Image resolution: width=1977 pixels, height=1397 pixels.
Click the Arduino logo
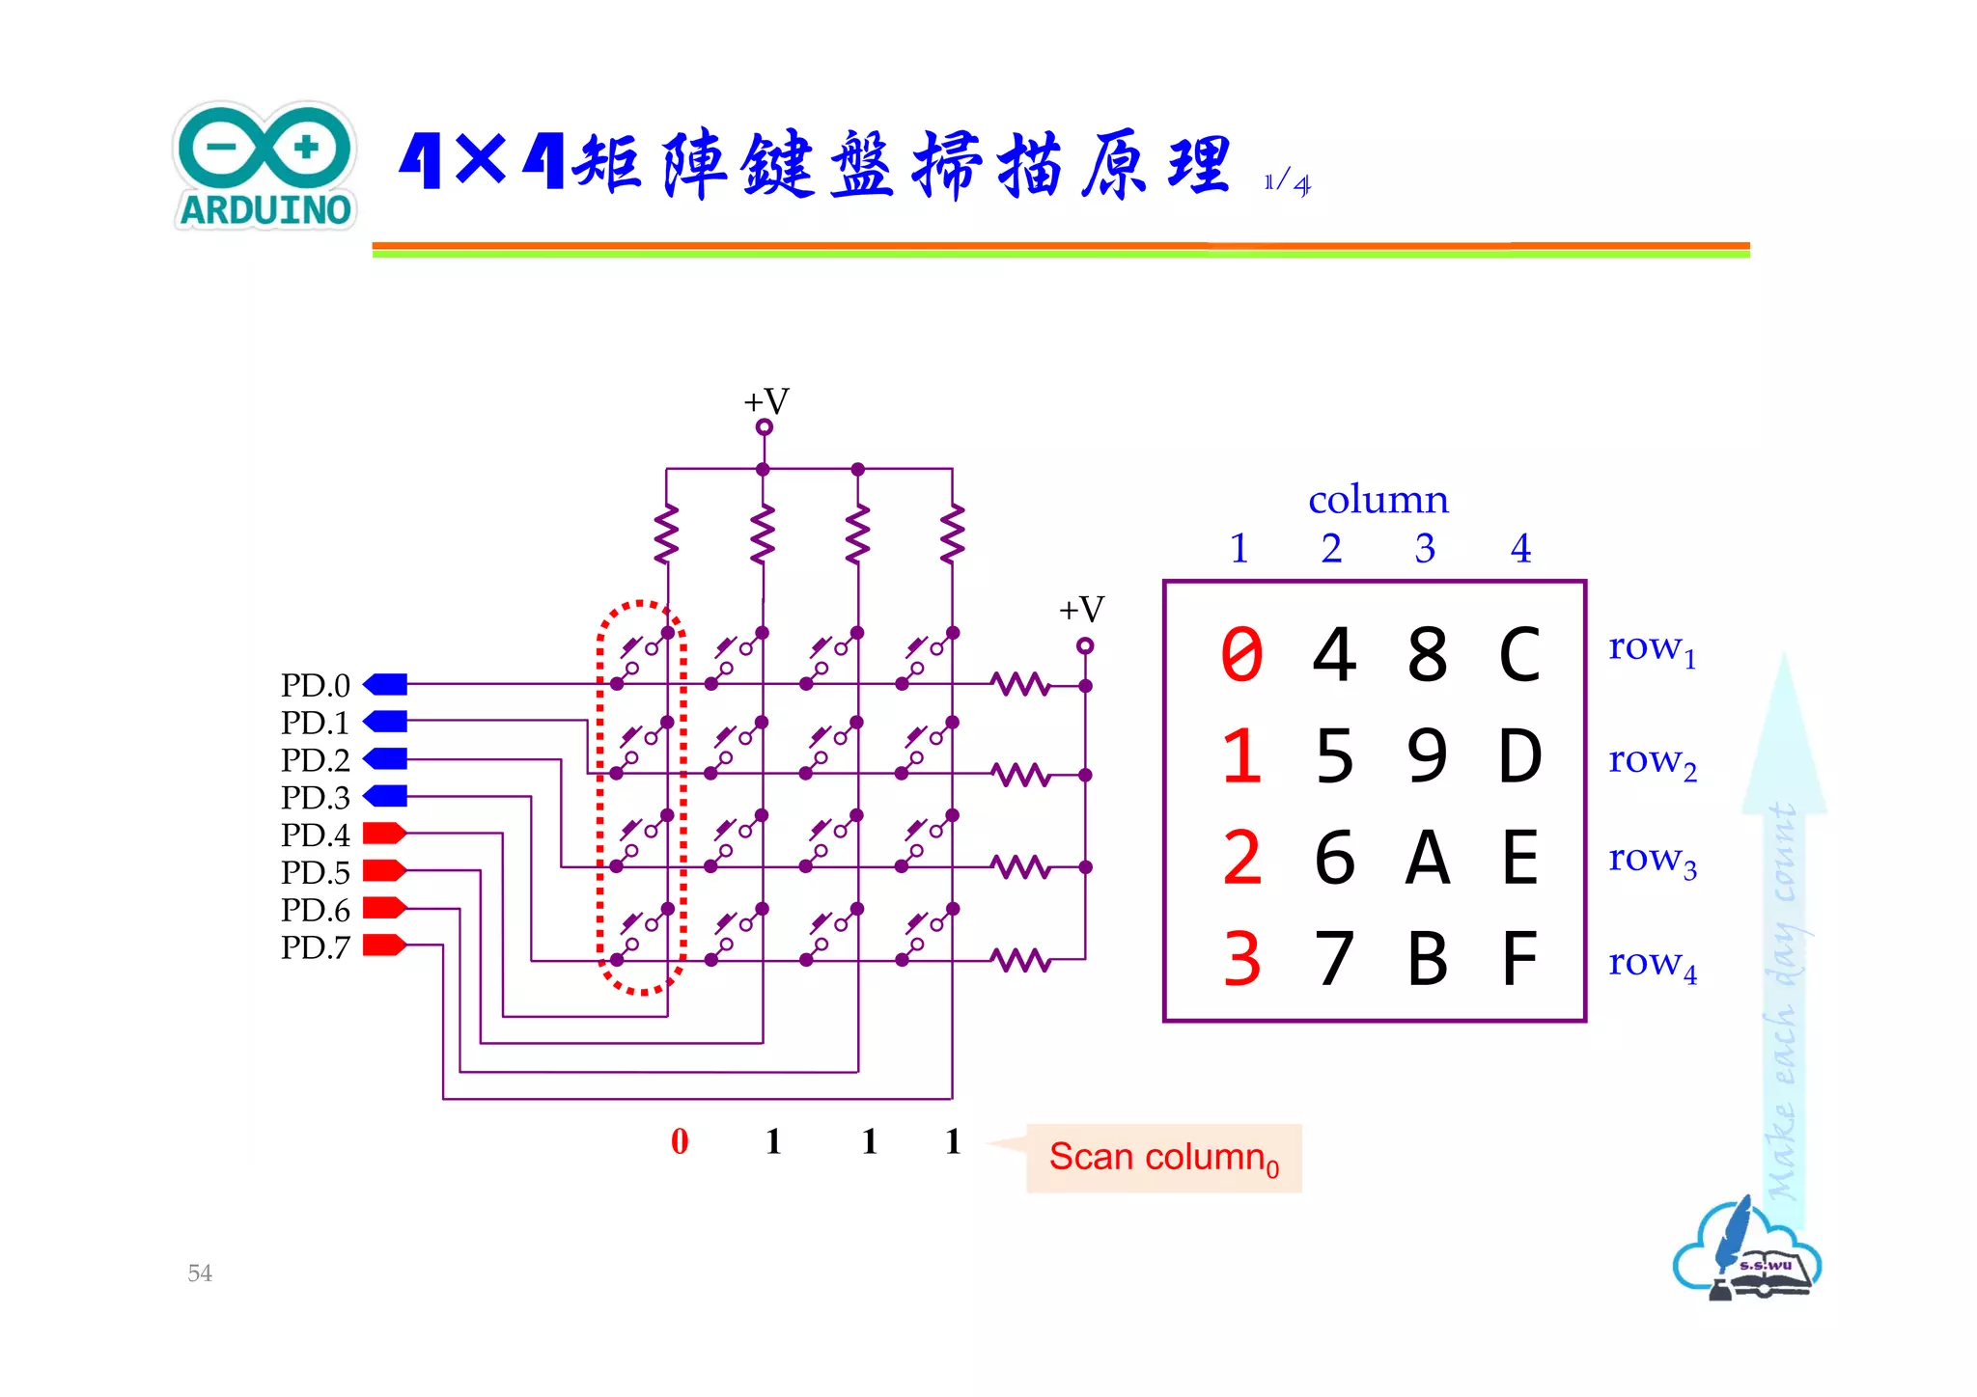tap(265, 166)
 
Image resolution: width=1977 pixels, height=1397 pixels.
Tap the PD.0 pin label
tap(315, 685)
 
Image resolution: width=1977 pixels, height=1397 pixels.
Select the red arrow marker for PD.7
tap(383, 945)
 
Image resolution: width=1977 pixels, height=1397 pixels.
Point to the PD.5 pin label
tap(315, 872)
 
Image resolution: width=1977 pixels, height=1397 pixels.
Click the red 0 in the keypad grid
tap(1241, 655)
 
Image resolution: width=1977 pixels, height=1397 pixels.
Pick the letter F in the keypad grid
tap(1519, 959)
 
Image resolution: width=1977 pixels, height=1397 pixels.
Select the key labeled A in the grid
tap(1427, 858)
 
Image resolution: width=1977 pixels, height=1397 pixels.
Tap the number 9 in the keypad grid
tap(1427, 756)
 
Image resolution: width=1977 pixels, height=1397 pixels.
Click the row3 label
tap(1652, 859)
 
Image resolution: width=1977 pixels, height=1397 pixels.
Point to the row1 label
tap(1652, 648)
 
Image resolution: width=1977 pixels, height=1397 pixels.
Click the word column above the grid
tap(1378, 500)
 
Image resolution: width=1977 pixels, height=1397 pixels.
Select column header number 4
tap(1520, 549)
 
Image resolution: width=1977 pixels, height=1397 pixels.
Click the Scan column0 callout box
tap(1163, 1158)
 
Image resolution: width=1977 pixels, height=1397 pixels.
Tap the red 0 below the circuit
tap(680, 1141)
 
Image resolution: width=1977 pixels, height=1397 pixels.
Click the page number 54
tap(200, 1273)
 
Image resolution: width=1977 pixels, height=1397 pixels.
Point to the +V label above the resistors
tap(766, 401)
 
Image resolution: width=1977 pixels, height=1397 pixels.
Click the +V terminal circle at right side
tap(1085, 645)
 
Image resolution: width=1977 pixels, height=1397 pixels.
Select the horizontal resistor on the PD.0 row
tap(1020, 685)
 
